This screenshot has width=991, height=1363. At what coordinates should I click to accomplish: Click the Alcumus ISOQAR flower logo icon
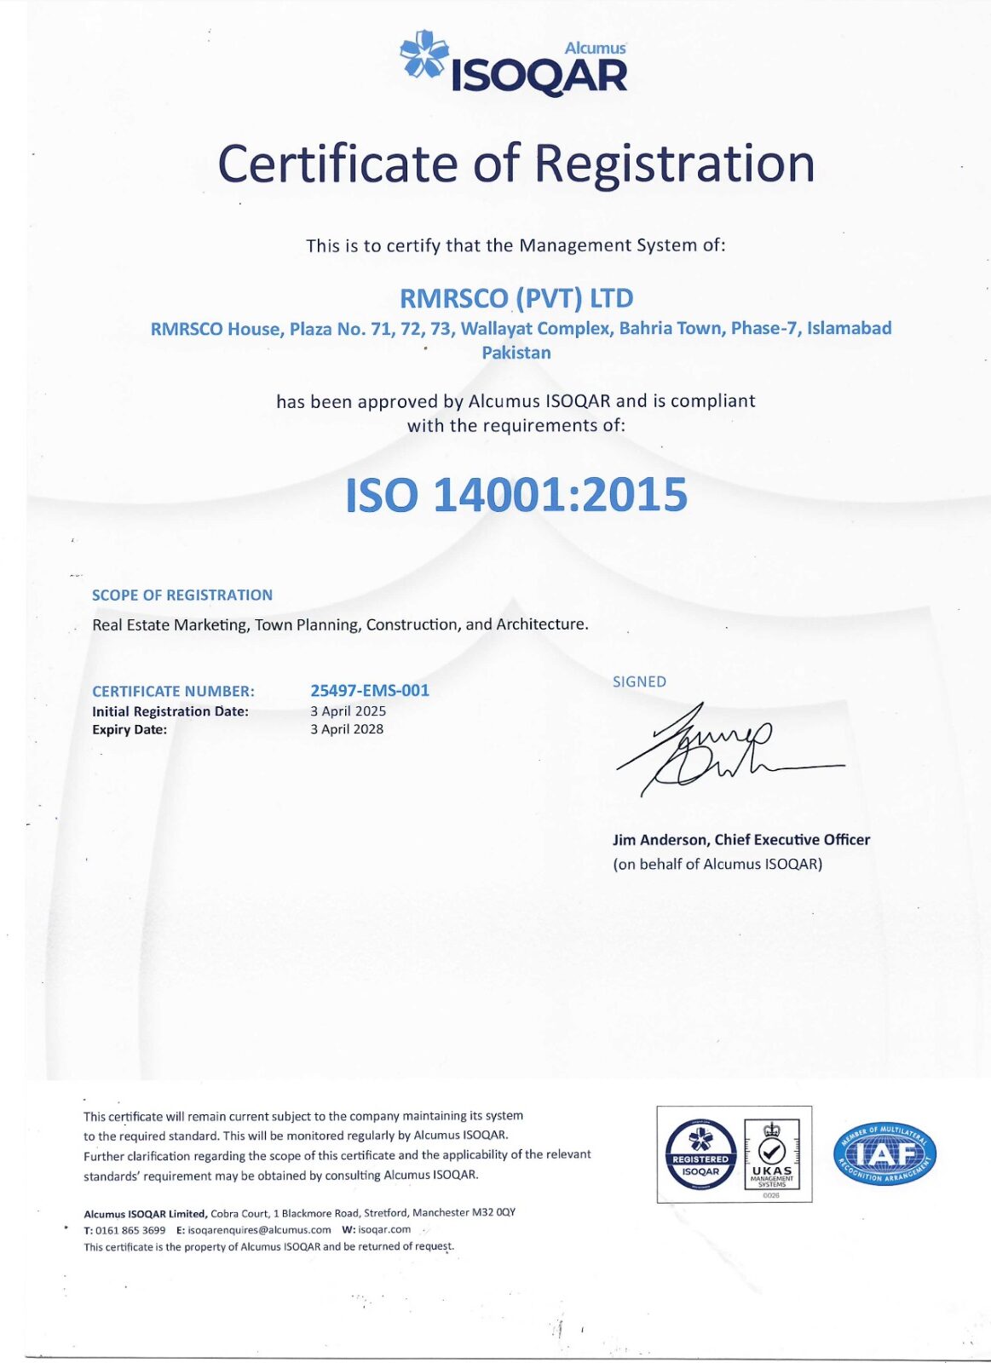[424, 55]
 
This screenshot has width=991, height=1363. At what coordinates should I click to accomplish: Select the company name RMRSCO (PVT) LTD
[516, 298]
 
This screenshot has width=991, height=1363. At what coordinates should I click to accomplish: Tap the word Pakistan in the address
[516, 353]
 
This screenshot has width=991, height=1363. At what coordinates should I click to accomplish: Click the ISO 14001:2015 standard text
[516, 495]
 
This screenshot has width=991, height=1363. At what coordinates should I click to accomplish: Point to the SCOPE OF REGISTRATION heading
[182, 595]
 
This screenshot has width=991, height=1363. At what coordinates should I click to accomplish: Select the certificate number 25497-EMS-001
[370, 690]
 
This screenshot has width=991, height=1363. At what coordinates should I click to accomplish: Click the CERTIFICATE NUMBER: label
[173, 691]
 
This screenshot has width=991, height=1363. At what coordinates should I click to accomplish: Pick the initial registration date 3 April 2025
[348, 710]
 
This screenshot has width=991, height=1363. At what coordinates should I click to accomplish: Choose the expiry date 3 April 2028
[347, 729]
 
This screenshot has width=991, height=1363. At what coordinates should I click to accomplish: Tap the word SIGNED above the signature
[639, 681]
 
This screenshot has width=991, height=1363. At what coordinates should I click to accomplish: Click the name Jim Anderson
[660, 839]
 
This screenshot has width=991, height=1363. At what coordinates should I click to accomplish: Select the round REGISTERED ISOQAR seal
[700, 1155]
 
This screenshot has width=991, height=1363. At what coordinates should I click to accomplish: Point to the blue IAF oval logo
[884, 1154]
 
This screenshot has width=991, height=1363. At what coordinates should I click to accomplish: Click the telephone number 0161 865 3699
[130, 1230]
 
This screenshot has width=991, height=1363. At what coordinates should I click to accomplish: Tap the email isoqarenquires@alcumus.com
[259, 1230]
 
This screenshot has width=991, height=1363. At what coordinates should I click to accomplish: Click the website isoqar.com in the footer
[384, 1229]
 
